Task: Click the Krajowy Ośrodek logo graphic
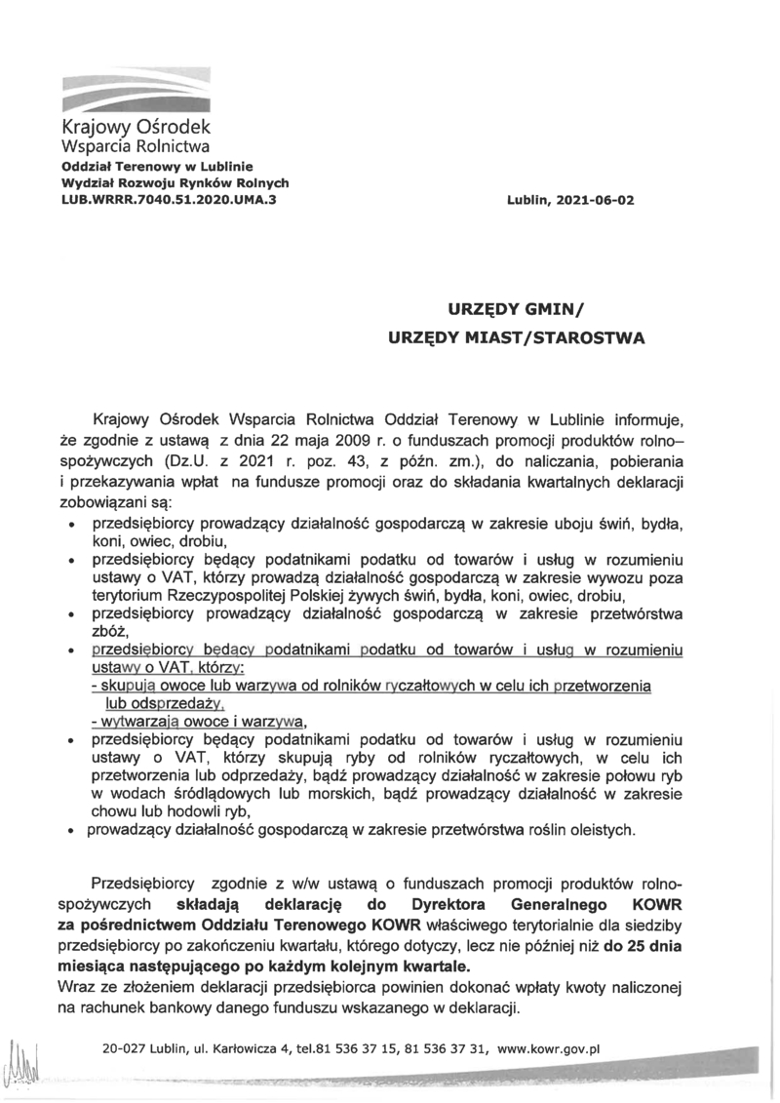(136, 89)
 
